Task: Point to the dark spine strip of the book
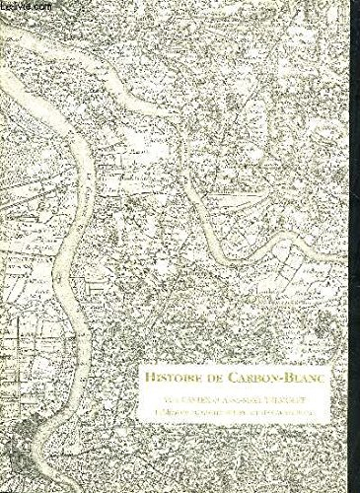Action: point(5,246)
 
